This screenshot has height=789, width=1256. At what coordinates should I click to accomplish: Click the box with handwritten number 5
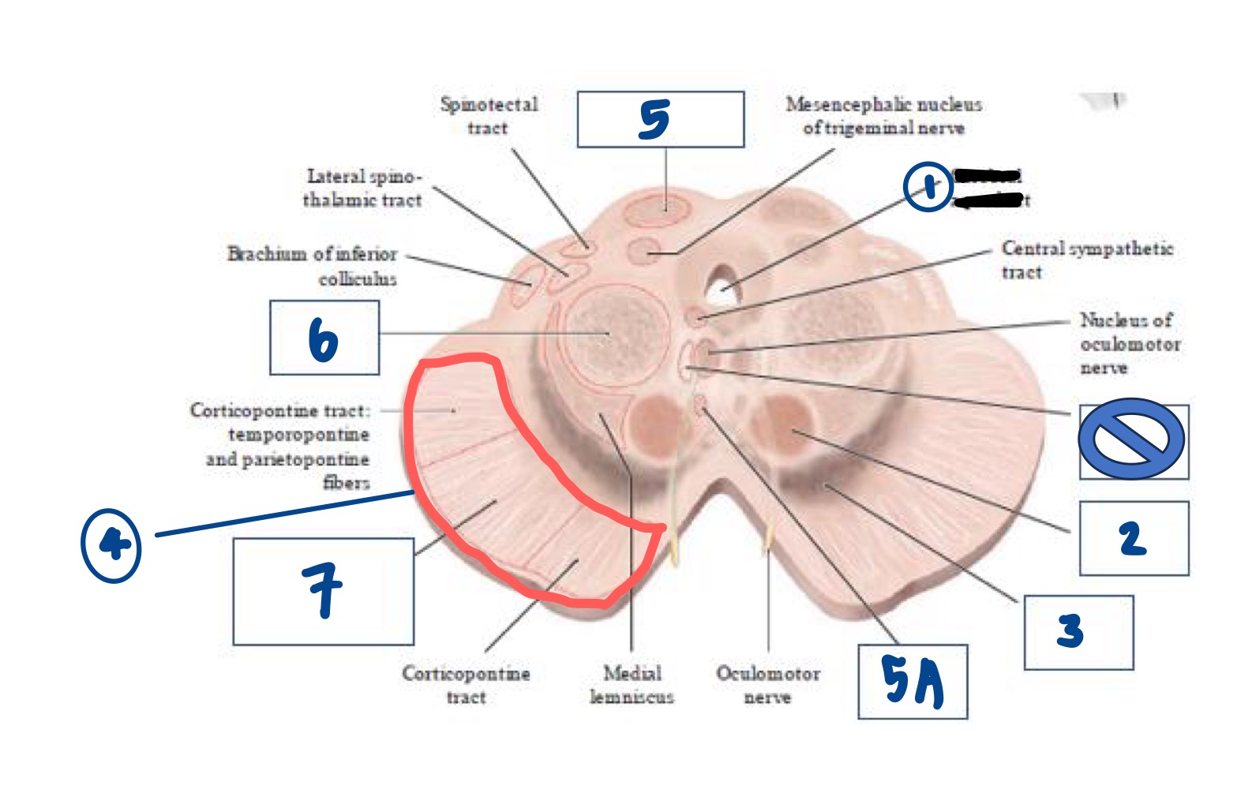coord(660,119)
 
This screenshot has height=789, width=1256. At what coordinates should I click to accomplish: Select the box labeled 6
coord(324,338)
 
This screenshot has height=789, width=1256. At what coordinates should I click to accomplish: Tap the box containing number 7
coord(323,591)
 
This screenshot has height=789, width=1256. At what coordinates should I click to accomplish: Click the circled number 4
coord(111,544)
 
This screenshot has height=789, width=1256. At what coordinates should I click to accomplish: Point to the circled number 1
coord(928,187)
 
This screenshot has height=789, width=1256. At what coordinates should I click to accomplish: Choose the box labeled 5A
coord(913,682)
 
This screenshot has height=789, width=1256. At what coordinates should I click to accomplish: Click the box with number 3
coord(1078,633)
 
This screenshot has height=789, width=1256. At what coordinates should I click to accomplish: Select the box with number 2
coord(1134,539)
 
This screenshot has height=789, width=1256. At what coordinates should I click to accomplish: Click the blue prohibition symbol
coord(1131,439)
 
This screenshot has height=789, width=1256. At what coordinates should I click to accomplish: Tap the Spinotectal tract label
coord(489,116)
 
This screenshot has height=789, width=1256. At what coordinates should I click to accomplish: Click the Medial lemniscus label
coord(632,685)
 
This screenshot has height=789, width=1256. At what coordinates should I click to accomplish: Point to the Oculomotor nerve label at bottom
coord(767,685)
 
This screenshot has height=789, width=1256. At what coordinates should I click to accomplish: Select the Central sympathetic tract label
coord(1085,260)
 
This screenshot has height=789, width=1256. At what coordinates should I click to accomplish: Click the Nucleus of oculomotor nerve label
coord(1129,344)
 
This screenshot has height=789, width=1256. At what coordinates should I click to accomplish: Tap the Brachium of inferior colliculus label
coord(313,266)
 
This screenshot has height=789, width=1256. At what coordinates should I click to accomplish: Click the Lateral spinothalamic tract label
coord(363,188)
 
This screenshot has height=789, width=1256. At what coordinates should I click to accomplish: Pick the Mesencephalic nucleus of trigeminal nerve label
coord(883,116)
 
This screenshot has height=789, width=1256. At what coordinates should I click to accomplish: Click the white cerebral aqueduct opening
coord(722,286)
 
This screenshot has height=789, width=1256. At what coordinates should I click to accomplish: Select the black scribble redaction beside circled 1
coord(988,188)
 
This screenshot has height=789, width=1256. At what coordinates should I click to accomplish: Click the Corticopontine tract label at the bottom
coord(466,685)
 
